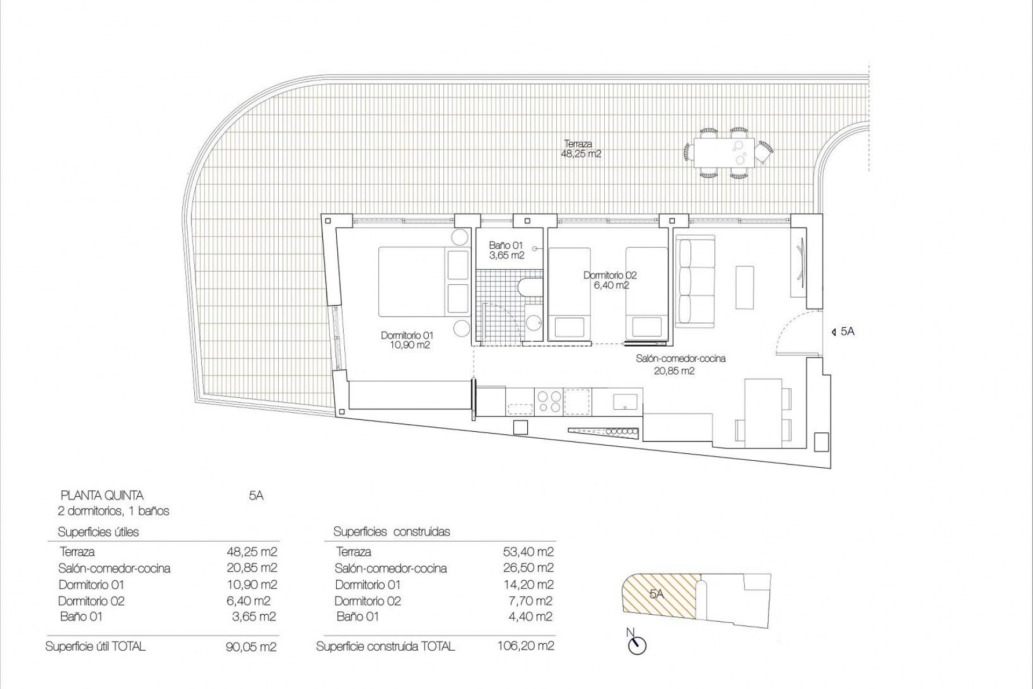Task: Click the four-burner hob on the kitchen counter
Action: pos(549,402)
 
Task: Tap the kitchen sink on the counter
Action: pos(625,400)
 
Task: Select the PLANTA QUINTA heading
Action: pos(102,495)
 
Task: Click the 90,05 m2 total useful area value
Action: pos(251,646)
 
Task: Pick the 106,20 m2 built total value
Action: pos(526,645)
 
